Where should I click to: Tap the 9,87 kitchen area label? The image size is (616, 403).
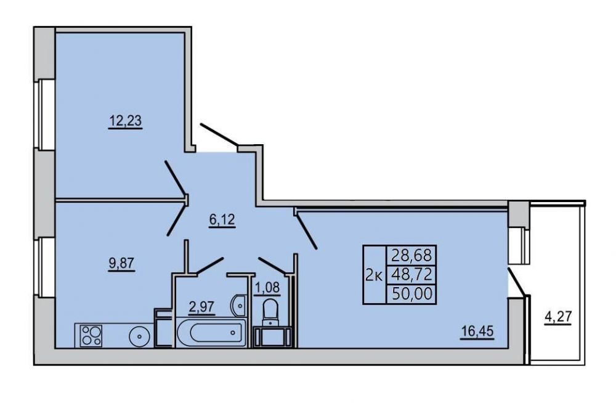tap(122, 263)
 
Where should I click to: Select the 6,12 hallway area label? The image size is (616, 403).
tap(222, 220)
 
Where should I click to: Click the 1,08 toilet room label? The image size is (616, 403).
tap(267, 288)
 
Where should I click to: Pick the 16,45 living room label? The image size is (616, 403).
tap(477, 332)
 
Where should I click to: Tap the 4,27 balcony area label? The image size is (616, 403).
tap(557, 317)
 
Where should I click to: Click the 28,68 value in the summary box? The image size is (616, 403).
tap(411, 256)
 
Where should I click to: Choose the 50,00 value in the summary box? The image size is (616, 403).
tap(411, 293)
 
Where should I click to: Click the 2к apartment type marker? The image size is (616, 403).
tap(374, 275)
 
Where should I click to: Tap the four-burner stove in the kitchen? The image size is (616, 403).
tap(91, 336)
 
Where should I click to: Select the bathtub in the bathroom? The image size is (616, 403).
tap(211, 333)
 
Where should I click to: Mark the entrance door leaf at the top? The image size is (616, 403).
tap(219, 134)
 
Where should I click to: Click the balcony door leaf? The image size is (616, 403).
tap(517, 282)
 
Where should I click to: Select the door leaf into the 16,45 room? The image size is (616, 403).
tap(307, 231)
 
